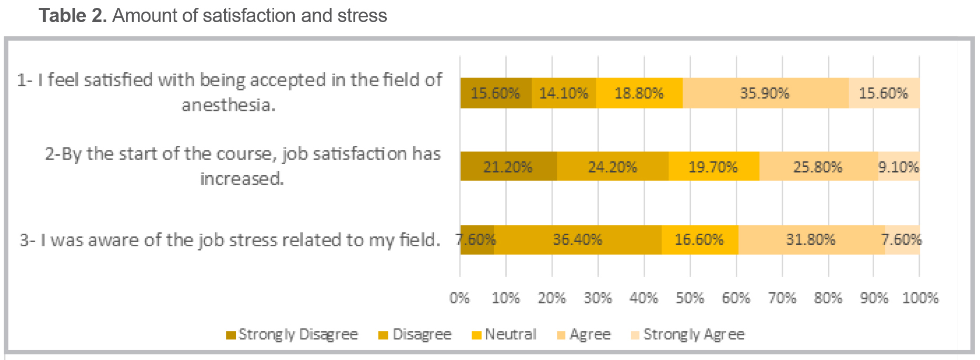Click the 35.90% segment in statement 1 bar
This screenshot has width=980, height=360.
(765, 93)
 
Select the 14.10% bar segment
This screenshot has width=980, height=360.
(564, 93)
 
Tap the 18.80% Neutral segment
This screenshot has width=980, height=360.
(639, 93)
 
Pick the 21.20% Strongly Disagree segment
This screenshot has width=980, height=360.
(508, 167)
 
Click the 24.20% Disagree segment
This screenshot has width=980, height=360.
(613, 167)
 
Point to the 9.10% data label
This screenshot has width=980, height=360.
(898, 167)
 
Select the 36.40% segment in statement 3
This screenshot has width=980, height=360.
(577, 239)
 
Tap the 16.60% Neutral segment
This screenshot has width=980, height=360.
(699, 239)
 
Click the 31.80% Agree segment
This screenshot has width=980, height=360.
(811, 239)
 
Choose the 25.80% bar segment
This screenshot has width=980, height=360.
(818, 167)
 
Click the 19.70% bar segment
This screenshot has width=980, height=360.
(713, 167)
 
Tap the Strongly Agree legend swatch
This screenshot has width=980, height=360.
(635, 335)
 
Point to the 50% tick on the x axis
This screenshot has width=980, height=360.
(689, 298)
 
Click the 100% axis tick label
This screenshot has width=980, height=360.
(920, 298)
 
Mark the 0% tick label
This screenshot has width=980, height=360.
(459, 298)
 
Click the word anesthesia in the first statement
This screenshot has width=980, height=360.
(228, 105)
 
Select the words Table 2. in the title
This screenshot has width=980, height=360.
(73, 16)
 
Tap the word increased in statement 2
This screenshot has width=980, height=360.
(241, 179)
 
